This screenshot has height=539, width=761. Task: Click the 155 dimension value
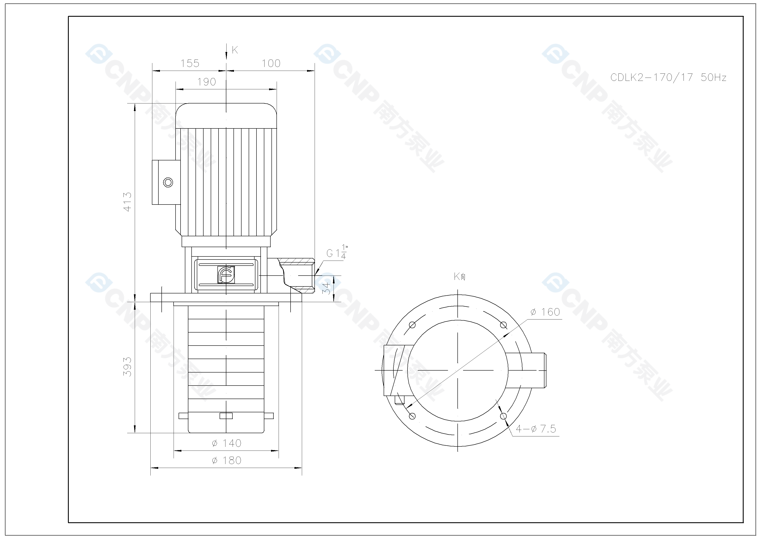pyautogui.click(x=190, y=63)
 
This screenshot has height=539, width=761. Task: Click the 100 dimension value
pyautogui.click(x=271, y=63)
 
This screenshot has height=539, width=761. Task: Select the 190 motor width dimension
pyautogui.click(x=207, y=82)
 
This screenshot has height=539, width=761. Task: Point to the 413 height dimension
pyautogui.click(x=127, y=201)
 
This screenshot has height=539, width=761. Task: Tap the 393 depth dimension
pyautogui.click(x=127, y=367)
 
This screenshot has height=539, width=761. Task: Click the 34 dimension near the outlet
pyautogui.click(x=327, y=288)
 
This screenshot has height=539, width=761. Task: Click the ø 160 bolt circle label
pyautogui.click(x=545, y=312)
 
